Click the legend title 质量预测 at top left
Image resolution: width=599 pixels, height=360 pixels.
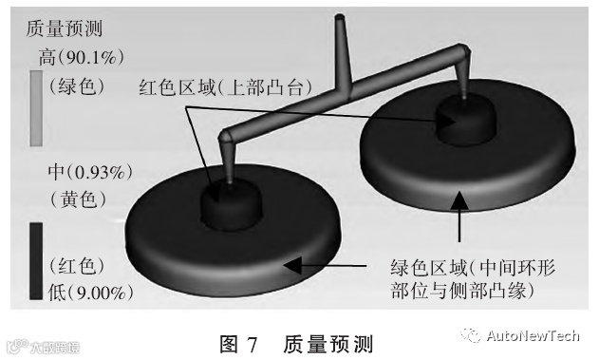[65, 28]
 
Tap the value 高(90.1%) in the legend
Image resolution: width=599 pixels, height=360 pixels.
[82, 57]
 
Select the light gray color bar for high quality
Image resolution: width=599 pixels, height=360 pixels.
[36, 108]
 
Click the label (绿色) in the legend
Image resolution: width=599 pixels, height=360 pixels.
[77, 85]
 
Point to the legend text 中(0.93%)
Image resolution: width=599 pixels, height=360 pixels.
[90, 172]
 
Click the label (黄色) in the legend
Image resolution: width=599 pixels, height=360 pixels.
[78, 199]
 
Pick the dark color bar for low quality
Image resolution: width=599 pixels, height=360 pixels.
[36, 261]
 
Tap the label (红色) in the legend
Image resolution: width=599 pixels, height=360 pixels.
[77, 266]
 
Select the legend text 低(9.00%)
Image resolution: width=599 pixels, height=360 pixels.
[90, 293]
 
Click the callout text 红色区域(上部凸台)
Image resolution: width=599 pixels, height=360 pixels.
[225, 87]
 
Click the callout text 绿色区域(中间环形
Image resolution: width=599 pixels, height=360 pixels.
[473, 268]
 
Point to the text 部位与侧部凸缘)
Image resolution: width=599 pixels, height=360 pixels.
[462, 291]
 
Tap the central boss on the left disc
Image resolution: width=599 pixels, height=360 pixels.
[232, 204]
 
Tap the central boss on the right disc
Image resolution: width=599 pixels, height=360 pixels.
[466, 121]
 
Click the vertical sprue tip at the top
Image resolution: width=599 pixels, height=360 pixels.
[340, 18]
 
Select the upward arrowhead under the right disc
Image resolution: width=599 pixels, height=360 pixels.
[459, 199]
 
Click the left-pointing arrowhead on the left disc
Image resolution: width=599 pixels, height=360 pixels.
[292, 265]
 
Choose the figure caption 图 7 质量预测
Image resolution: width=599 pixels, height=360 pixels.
[296, 344]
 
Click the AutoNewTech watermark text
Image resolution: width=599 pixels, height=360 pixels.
[533, 335]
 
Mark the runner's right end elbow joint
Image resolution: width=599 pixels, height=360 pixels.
[463, 51]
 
